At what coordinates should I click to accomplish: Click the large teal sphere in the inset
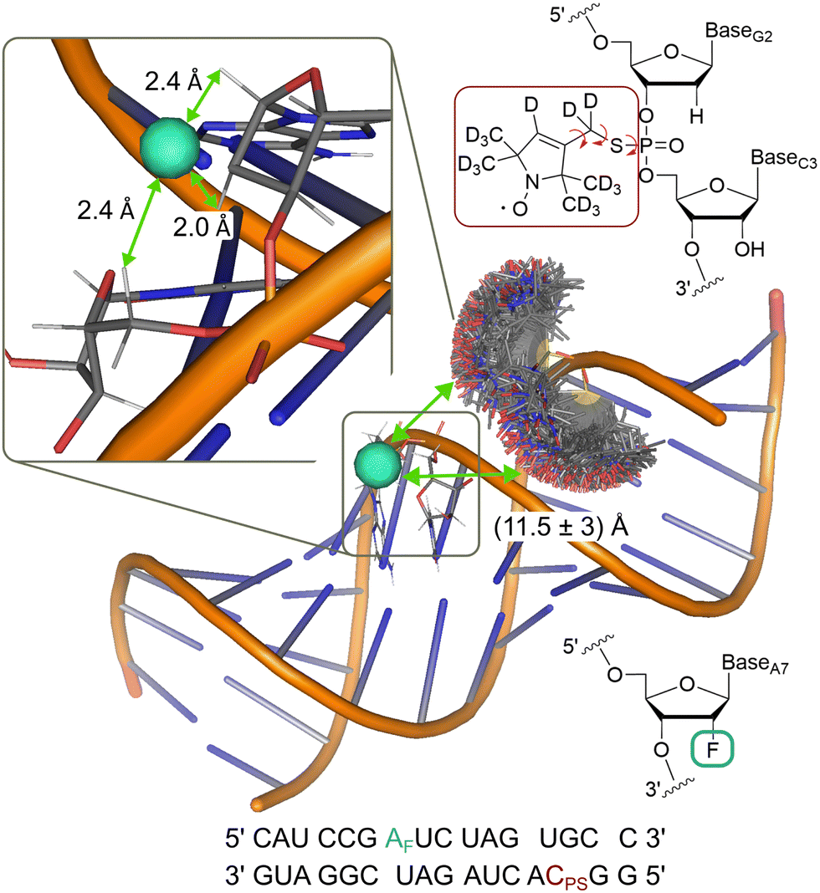[170, 147]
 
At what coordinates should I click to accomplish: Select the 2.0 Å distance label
[202, 227]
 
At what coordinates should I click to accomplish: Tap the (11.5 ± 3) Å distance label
[561, 527]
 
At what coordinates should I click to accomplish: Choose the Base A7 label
[755, 663]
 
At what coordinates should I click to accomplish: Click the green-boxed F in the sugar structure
[712, 749]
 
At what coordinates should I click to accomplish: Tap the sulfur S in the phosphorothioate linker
[616, 146]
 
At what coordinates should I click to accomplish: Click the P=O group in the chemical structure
[661, 146]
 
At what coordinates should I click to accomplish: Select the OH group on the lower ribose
[750, 249]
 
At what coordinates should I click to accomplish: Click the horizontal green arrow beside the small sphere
[462, 475]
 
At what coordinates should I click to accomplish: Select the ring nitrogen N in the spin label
[532, 182]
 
